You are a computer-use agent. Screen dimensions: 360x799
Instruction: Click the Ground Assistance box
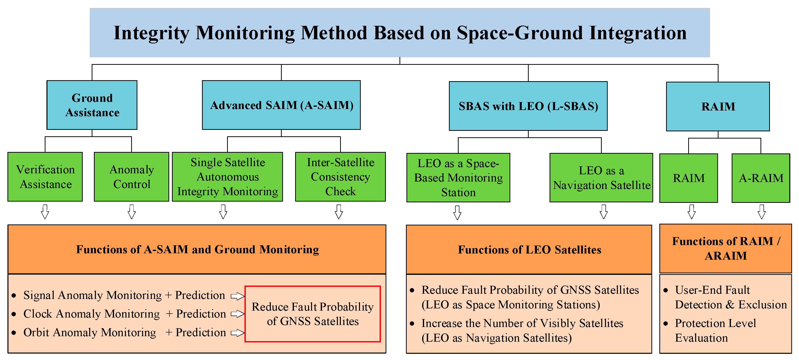coord(92,105)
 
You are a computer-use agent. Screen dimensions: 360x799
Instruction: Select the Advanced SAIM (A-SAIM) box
coord(281,105)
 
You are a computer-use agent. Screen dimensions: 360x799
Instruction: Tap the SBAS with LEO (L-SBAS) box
coord(528,106)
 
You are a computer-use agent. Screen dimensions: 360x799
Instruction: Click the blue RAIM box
coord(718,106)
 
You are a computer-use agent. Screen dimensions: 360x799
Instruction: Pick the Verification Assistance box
coord(45,177)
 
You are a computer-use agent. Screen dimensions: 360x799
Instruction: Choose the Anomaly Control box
coord(131,177)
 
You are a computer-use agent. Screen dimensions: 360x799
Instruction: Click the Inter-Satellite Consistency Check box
coord(340,177)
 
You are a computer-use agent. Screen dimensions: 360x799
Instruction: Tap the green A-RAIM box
coord(760,178)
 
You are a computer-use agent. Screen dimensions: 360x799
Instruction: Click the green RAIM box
coord(689,178)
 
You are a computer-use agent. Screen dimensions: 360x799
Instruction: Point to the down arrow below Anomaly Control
coord(131,212)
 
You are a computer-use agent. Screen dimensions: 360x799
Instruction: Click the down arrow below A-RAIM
coord(761,212)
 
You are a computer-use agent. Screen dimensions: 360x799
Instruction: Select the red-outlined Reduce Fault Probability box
coord(313,314)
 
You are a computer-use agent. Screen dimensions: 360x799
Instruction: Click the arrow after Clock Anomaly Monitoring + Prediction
coord(238,314)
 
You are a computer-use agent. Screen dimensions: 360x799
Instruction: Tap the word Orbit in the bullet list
coord(36,332)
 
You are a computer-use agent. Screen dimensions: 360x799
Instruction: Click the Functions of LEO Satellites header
coord(529,250)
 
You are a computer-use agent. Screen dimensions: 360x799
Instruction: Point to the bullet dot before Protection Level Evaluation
coord(666,324)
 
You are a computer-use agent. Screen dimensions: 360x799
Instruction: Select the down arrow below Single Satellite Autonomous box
coord(223,212)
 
